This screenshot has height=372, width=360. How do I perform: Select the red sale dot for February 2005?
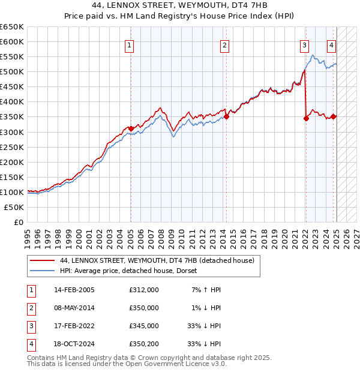(131, 128)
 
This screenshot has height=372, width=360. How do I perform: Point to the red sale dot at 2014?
(226, 117)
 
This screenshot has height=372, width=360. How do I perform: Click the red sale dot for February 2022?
(306, 118)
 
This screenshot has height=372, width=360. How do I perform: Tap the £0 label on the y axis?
(19, 222)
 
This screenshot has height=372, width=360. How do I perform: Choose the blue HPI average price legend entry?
(133, 271)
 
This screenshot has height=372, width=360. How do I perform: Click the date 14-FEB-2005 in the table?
(74, 290)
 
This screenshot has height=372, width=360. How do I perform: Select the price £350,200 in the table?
(144, 344)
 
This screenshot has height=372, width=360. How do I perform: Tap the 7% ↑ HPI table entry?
(206, 290)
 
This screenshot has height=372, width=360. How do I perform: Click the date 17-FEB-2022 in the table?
(74, 326)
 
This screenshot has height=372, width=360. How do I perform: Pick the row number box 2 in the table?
(30, 308)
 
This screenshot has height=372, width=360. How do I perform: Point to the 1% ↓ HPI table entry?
(206, 308)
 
